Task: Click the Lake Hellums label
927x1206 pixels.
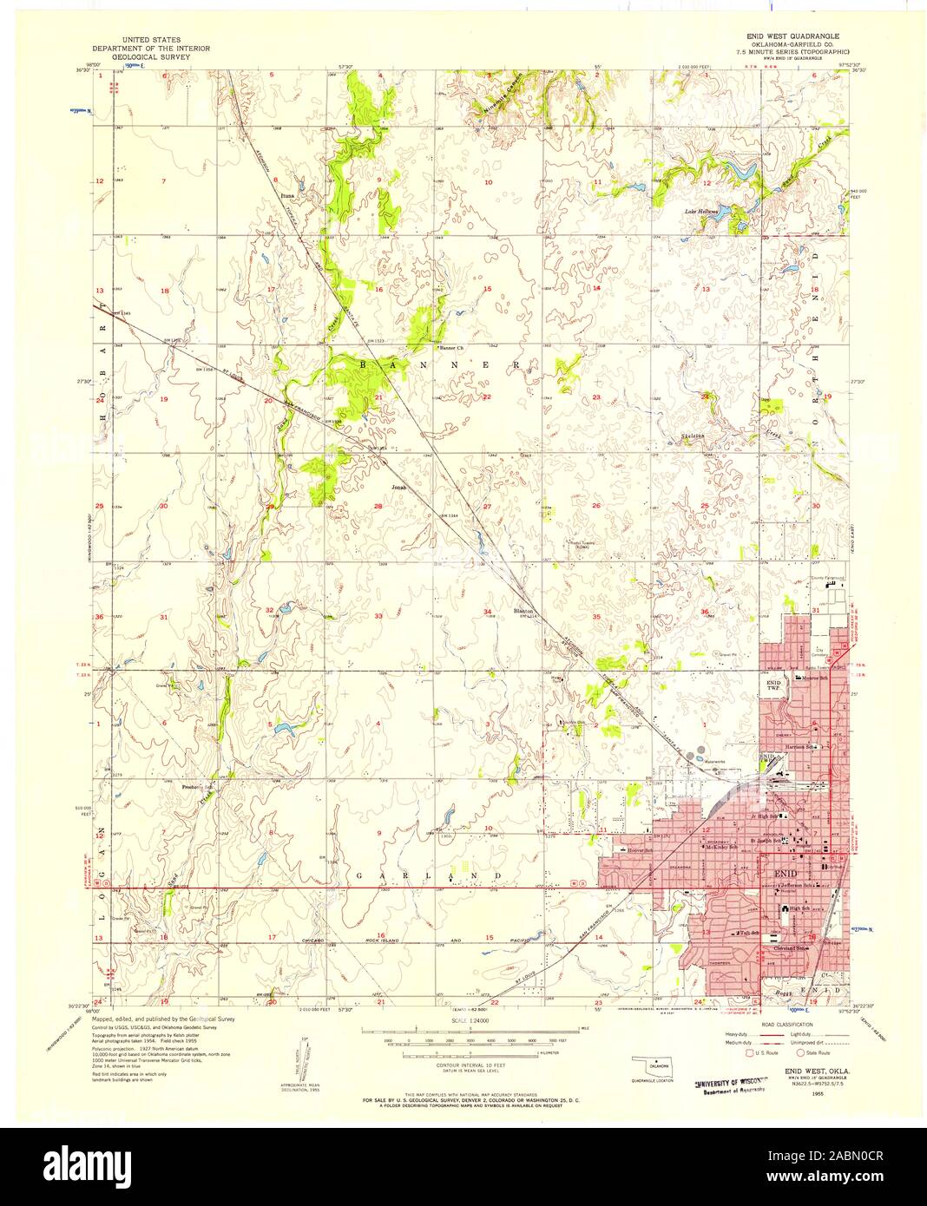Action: (703, 211)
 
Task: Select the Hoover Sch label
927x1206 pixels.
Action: (641, 851)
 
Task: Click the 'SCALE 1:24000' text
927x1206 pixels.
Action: (470, 1020)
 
